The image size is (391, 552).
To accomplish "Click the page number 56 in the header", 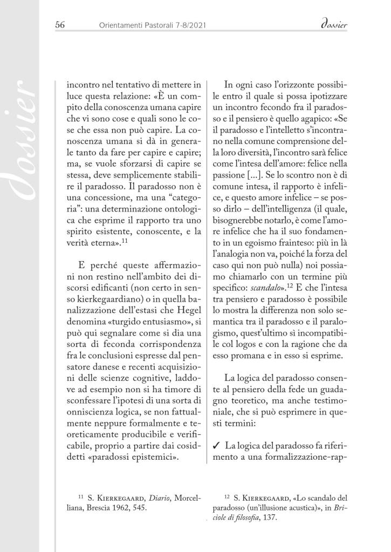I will pyautogui.click(x=60, y=24).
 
